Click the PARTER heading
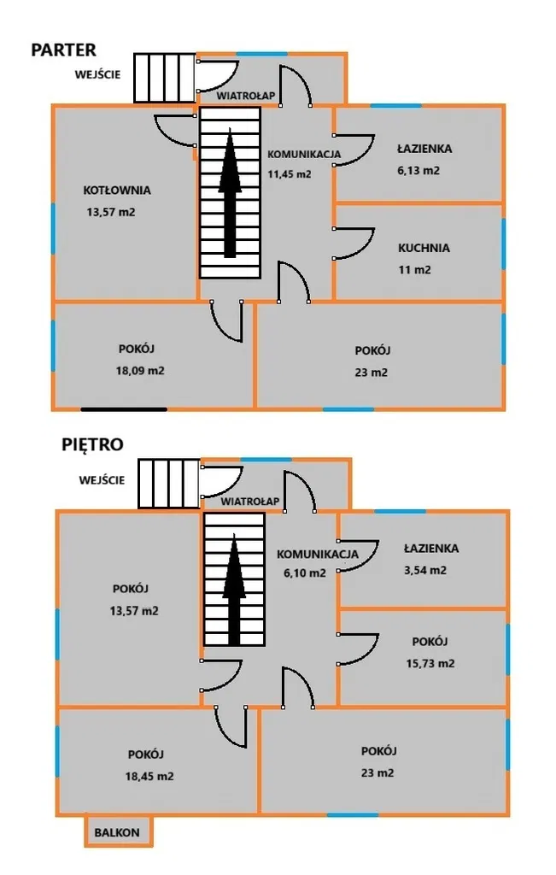63,50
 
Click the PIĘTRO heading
92,444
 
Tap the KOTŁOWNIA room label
117,190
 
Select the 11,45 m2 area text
290,173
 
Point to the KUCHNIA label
424,249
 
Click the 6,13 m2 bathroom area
418,170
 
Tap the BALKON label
117,831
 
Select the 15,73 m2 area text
430,663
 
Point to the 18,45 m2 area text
146,777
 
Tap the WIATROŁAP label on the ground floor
246,96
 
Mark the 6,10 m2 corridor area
305,573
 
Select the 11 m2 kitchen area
414,270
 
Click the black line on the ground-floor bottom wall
124,408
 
